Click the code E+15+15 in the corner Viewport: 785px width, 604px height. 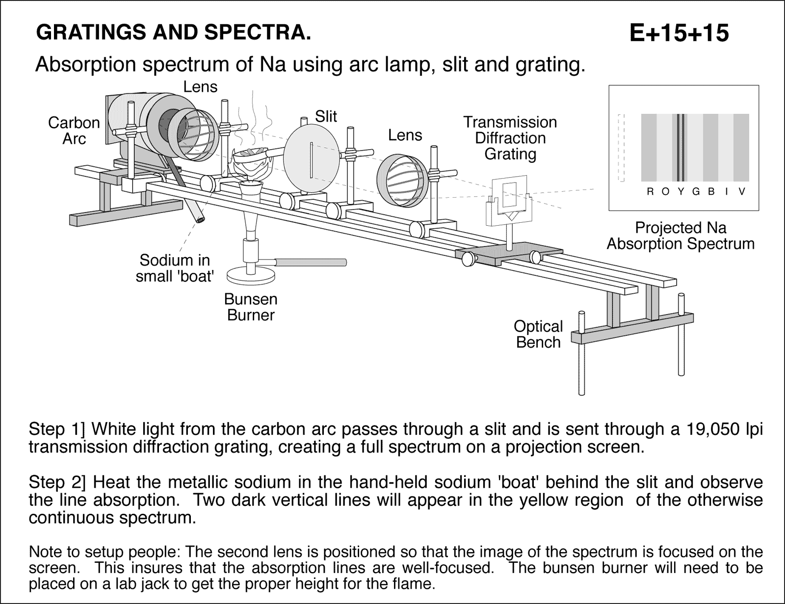pos(679,33)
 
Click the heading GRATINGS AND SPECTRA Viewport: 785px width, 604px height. pos(174,32)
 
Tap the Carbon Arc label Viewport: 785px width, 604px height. pos(74,131)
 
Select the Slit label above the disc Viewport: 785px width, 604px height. pos(326,116)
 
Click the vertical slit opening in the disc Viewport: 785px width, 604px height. pos(312,159)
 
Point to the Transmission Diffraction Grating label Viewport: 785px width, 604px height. pos(510,138)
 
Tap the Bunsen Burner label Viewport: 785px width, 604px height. pos(251,307)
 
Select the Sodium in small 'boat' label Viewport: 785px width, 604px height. pos(175,268)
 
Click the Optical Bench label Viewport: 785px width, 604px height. pos(538,334)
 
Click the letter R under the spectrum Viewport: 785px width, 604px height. pos(650,192)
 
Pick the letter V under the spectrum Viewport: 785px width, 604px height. pos(742,192)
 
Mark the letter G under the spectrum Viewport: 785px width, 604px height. pos(695,192)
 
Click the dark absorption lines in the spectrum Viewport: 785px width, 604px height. pos(680,148)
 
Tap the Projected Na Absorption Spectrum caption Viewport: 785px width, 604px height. pos(680,236)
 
